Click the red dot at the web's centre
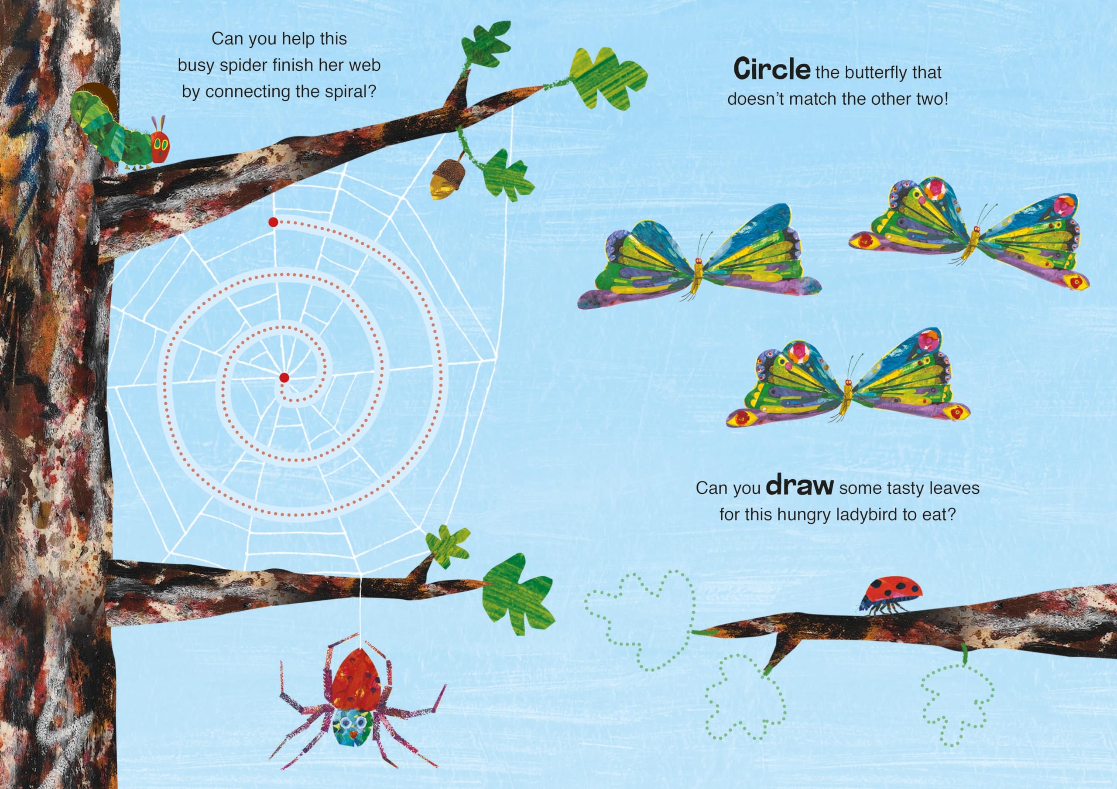[x=284, y=377]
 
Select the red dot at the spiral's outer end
[x=273, y=222]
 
